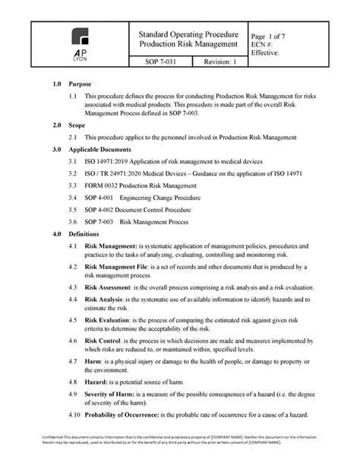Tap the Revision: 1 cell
click(215, 62)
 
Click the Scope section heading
click(76, 123)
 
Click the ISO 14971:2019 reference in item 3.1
click(110, 163)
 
